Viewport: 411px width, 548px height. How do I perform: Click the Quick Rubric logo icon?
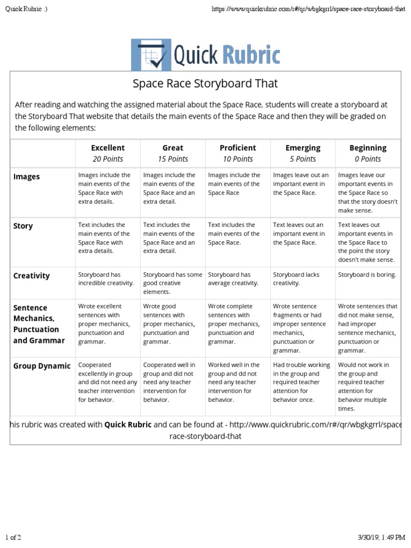(x=151, y=55)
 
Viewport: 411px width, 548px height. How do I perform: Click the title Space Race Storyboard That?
(x=205, y=84)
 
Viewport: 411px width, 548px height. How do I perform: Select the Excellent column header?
(x=108, y=148)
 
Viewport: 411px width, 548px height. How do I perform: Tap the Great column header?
(x=173, y=148)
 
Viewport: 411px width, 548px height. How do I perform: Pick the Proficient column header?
(x=238, y=148)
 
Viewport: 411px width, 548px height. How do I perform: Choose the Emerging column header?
(x=303, y=148)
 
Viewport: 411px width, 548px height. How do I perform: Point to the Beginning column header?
(x=368, y=148)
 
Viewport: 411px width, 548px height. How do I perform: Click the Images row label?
(x=27, y=177)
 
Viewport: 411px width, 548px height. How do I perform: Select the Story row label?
(x=23, y=226)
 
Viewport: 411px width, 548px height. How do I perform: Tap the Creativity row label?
(x=32, y=276)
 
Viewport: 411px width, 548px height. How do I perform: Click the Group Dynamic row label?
(x=42, y=366)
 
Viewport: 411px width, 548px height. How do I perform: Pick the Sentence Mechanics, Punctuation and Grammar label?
(x=39, y=324)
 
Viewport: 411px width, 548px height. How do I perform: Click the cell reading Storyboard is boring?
(x=367, y=275)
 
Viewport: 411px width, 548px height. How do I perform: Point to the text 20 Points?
(x=108, y=159)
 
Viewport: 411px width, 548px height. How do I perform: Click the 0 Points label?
(x=368, y=159)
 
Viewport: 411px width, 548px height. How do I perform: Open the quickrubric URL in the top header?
(x=308, y=9)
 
